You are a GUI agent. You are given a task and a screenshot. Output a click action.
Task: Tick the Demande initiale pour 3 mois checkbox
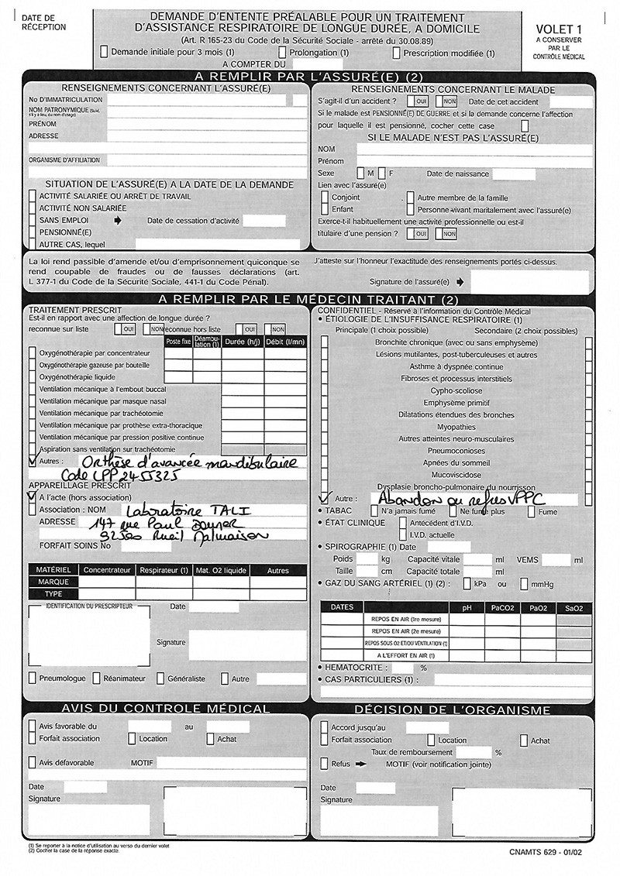coord(105,53)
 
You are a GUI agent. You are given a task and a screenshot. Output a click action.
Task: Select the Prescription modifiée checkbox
coord(397,53)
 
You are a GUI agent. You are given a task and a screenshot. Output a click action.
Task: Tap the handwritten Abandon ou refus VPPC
coord(456,500)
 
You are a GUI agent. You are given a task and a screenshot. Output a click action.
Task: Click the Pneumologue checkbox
coord(33,678)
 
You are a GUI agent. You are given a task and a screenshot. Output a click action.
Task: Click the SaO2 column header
coord(573,608)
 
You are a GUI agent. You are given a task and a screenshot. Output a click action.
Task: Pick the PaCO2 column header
coord(502,608)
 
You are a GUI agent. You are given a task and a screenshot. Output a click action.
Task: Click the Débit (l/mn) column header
coord(285,342)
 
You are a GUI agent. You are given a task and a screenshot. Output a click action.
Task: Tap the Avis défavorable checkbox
coord(33,763)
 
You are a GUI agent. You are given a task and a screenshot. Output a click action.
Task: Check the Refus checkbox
coord(324,764)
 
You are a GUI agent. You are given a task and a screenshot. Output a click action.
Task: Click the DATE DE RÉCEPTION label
coord(43,22)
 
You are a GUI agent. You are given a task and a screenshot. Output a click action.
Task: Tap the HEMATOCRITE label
coord(359,667)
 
